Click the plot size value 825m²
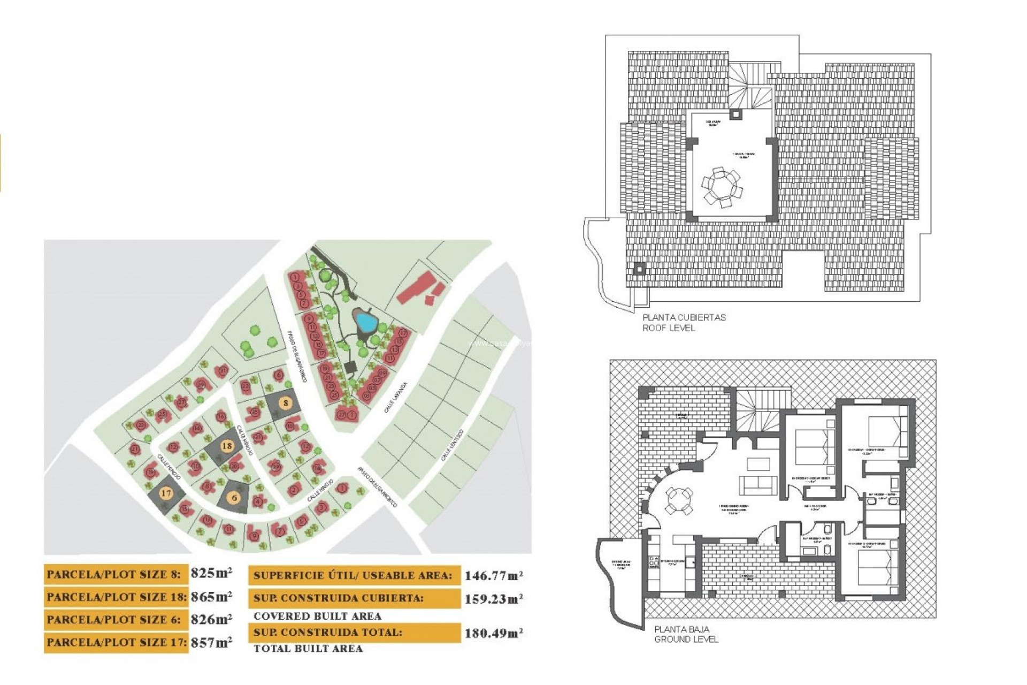point(211,573)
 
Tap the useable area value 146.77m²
point(493,576)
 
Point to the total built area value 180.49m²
point(493,634)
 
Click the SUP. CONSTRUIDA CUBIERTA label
point(338,598)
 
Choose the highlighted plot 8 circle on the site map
point(286,403)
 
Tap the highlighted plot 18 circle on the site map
point(227,446)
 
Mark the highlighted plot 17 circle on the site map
point(166,493)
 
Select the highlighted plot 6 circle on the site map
point(234,498)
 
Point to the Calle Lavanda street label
point(396,398)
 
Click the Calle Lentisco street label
point(452,445)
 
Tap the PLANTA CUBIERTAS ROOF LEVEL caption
point(684,323)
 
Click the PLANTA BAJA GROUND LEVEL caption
point(686,634)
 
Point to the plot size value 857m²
point(211,642)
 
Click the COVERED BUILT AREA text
point(317,616)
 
